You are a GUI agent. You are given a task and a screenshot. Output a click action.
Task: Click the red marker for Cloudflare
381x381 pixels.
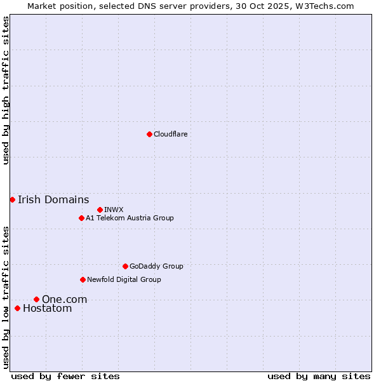click(x=149, y=134)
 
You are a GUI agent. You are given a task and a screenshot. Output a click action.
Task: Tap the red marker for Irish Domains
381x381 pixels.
click(x=12, y=199)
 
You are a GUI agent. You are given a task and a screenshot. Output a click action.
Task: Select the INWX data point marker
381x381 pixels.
click(x=100, y=210)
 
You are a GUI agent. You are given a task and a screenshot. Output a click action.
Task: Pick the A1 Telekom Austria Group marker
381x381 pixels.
click(x=81, y=218)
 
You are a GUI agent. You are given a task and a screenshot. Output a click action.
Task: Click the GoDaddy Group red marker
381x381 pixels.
click(x=125, y=266)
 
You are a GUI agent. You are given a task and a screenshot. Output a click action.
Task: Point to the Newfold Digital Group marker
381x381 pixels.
click(x=83, y=279)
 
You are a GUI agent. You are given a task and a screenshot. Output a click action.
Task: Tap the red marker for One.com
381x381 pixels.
click(x=36, y=299)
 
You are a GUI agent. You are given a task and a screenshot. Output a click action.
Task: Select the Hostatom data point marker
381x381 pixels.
click(x=17, y=309)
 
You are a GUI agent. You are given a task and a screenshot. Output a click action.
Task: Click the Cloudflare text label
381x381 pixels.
click(x=170, y=134)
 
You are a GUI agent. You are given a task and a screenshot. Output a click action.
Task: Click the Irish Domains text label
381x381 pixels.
click(x=53, y=199)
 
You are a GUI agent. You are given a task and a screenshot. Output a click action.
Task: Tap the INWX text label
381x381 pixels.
click(x=114, y=210)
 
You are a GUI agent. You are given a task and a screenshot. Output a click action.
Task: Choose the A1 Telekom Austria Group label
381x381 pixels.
click(x=130, y=218)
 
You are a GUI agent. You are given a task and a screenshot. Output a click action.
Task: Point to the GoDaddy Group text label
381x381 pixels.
click(x=156, y=266)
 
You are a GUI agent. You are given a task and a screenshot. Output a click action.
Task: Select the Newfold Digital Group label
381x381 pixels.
click(x=124, y=279)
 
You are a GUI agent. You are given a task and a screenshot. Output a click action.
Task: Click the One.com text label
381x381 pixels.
click(x=64, y=299)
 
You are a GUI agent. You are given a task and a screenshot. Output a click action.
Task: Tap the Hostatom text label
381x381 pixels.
click(x=47, y=309)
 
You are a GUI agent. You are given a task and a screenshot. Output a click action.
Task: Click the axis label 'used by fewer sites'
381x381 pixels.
click(x=65, y=376)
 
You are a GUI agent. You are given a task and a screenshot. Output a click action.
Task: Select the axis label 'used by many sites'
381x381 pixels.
click(x=319, y=376)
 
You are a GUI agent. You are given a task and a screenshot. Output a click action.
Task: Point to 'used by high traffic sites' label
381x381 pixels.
click(x=6, y=90)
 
